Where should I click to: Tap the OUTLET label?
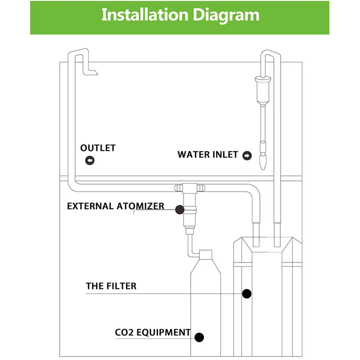98,148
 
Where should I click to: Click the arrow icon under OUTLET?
90,160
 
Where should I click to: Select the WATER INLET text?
207,154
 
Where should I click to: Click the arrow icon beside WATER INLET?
247,156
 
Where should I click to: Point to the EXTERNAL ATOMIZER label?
116,207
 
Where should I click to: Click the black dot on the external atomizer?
180,209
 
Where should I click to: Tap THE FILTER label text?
111,286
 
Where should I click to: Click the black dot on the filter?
246,293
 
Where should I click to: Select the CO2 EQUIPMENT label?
153,333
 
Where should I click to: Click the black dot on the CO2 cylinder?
199,336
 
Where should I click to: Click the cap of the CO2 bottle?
206,255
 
